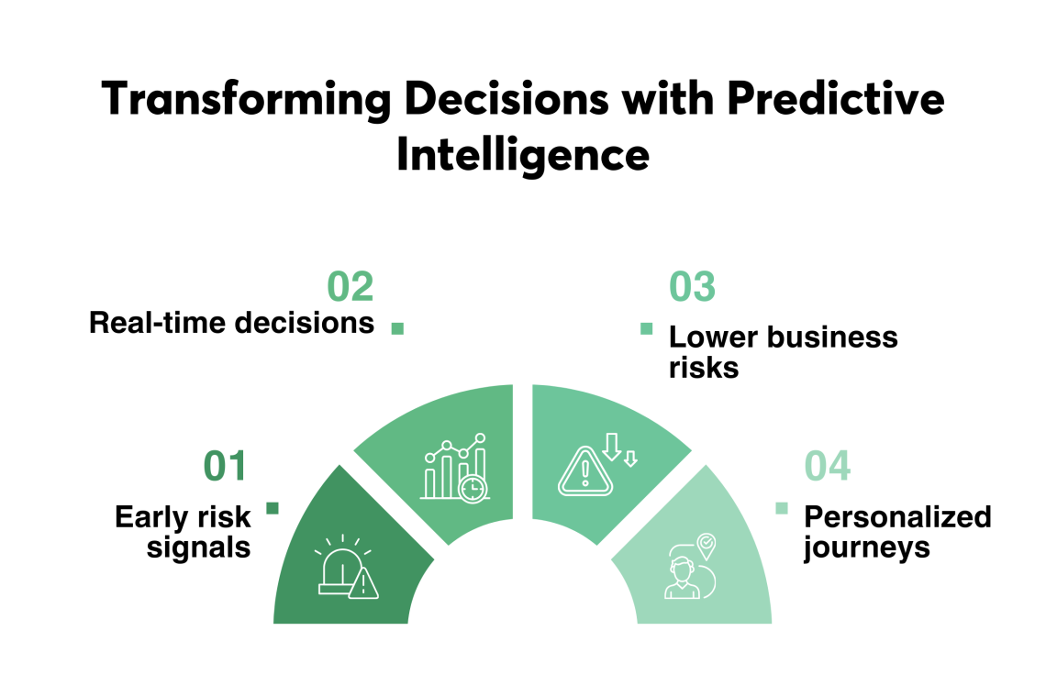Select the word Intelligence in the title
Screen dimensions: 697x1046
click(522, 154)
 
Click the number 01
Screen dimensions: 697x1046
click(226, 466)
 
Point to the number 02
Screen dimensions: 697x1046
click(351, 287)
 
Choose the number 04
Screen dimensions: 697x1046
click(828, 466)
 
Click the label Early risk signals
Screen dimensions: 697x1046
click(183, 532)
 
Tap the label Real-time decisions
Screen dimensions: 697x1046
click(231, 323)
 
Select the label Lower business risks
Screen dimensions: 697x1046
click(783, 351)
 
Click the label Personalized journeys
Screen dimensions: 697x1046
click(897, 532)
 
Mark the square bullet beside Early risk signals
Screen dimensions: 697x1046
click(272, 508)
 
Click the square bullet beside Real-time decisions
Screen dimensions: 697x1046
click(397, 327)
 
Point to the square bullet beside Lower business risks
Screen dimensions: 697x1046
click(646, 328)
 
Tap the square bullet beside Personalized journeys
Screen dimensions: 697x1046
click(782, 508)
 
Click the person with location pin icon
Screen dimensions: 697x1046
click(690, 567)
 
